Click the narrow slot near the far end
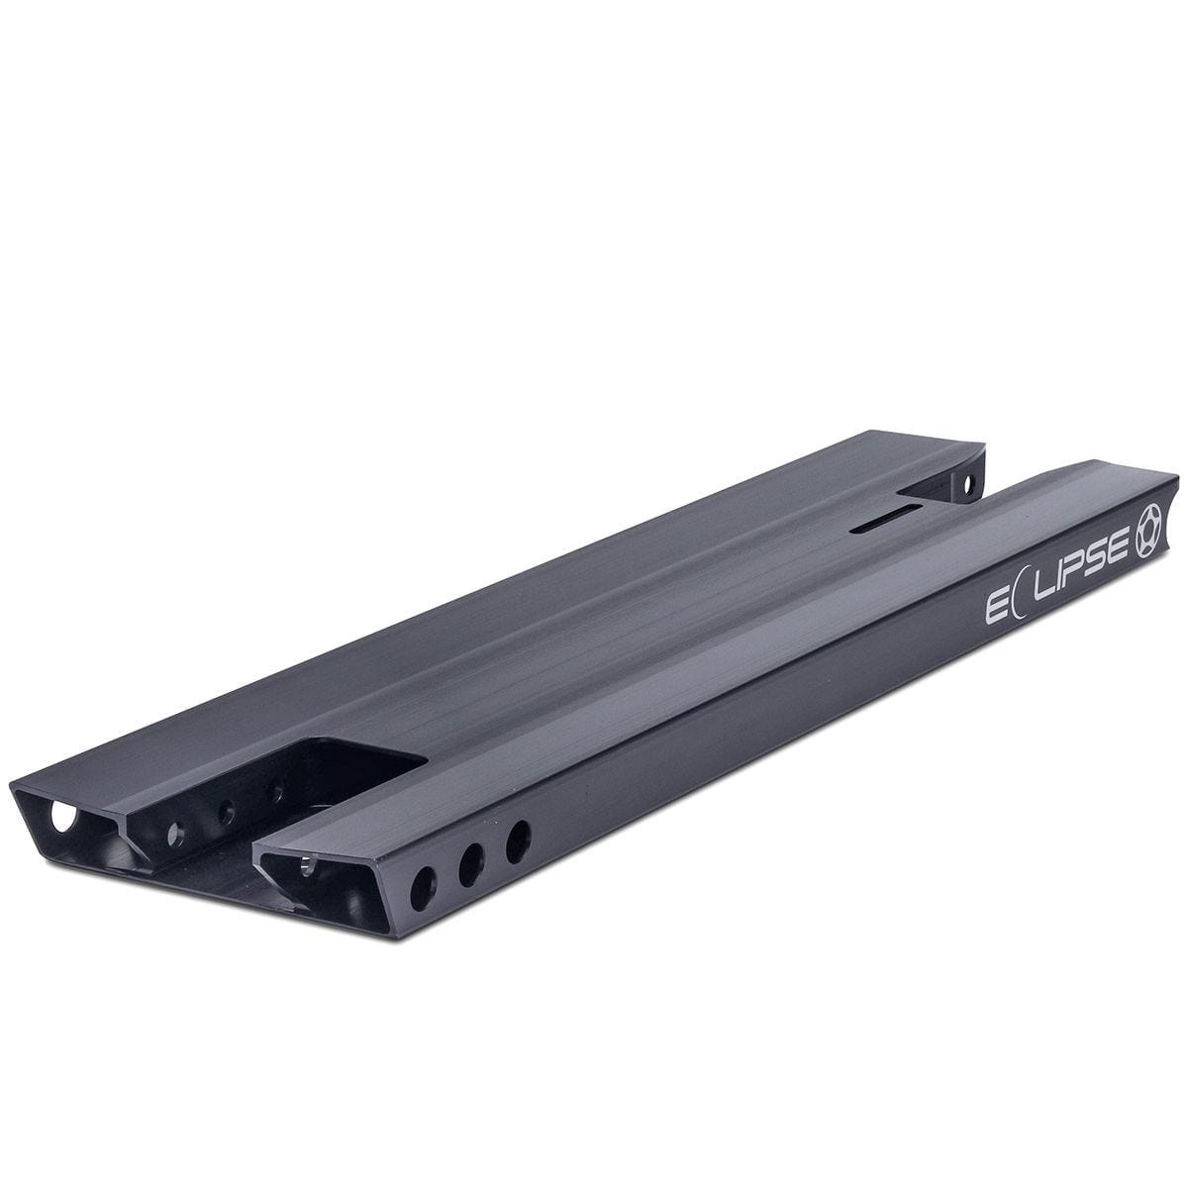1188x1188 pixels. click(884, 522)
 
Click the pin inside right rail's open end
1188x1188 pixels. click(310, 867)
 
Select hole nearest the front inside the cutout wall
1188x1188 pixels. click(179, 830)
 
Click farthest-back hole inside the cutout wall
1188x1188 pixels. click(277, 790)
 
